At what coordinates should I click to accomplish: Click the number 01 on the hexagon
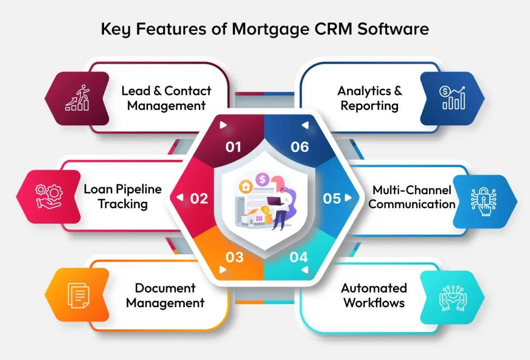[x=233, y=147]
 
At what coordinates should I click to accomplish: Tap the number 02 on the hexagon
[x=199, y=198]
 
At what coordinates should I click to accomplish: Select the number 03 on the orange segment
[x=234, y=257]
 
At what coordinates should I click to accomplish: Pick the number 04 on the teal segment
[x=299, y=257]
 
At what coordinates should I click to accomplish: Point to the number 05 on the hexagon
[x=332, y=198]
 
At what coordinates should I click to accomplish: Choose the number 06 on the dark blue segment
[x=300, y=147]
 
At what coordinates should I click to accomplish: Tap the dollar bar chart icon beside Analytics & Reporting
[x=452, y=98]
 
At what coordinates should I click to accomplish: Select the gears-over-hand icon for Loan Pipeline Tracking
[x=49, y=197]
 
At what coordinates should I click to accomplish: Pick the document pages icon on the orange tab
[x=78, y=297]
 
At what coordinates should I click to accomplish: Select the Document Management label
[x=165, y=295]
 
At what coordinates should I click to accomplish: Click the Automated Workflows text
[x=374, y=295]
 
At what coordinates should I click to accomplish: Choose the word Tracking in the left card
[x=123, y=204]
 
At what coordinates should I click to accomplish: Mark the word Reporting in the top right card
[x=370, y=106]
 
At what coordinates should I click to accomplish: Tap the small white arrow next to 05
[x=348, y=197]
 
